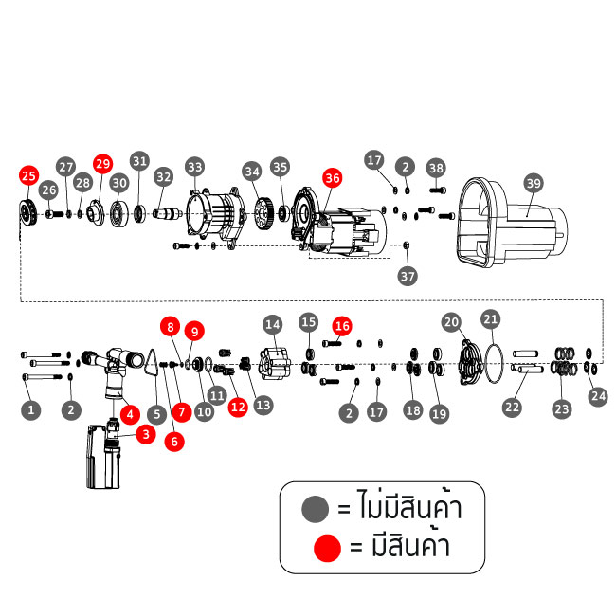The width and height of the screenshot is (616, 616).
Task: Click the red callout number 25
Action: point(28,175)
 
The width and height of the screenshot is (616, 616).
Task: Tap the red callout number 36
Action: point(332,177)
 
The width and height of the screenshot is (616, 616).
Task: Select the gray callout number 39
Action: point(534,182)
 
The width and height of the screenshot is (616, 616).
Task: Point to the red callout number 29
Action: point(102,162)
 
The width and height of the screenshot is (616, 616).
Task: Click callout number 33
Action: point(194,167)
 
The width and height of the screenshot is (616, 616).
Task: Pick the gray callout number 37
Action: point(408,277)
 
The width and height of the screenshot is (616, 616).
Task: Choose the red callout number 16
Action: point(341,325)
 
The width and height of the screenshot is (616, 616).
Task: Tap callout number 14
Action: point(273,324)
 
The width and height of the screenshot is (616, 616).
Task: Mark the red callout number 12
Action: point(238,407)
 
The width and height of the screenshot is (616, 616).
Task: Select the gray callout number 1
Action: point(31,410)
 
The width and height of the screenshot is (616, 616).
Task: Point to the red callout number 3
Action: point(145,434)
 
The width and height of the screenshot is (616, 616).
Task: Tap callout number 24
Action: point(598,396)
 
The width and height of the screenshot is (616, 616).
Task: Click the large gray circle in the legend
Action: point(314,510)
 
